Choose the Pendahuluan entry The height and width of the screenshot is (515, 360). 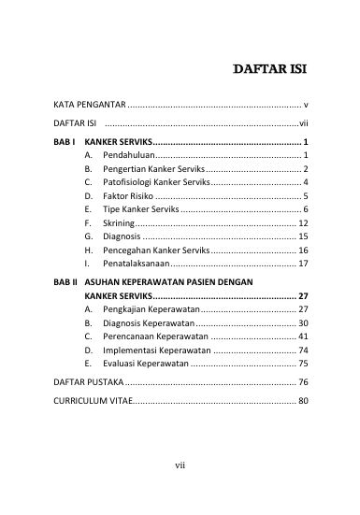coord(123,153)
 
